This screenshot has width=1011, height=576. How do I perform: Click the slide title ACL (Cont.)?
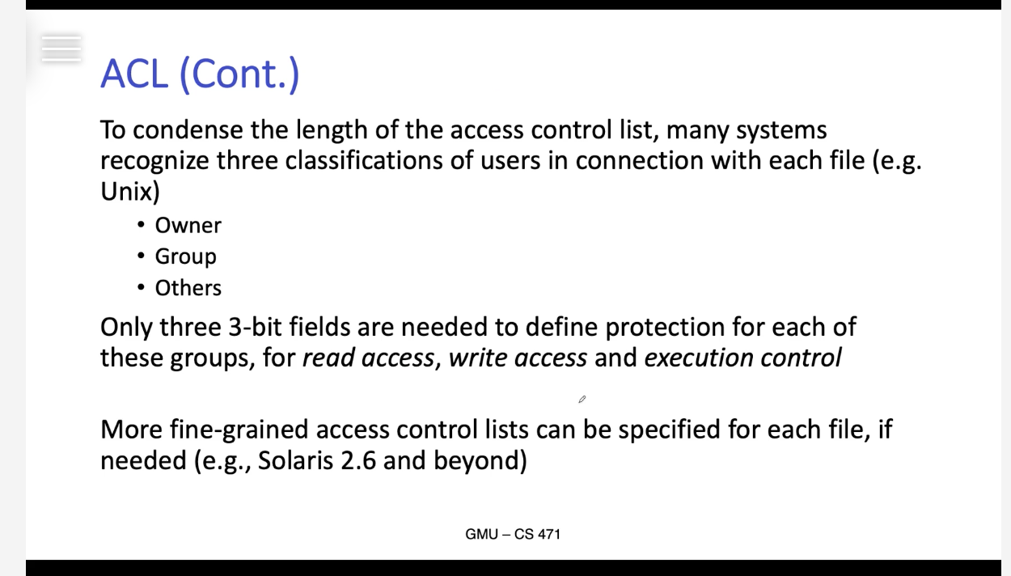200,74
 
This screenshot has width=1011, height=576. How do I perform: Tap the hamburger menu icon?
61,49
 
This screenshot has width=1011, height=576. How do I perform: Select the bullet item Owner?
188,225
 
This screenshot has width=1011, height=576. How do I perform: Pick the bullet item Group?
185,256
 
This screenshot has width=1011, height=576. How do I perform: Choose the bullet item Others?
188,287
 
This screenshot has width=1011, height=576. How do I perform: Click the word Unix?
128,192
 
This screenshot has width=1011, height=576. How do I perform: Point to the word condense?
188,130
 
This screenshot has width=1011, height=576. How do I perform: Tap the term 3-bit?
255,327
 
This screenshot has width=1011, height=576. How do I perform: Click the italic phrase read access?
368,358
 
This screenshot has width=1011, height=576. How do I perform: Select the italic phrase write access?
518,358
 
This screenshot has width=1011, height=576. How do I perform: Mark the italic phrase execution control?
743,358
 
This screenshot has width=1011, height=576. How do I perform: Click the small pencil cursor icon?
582,399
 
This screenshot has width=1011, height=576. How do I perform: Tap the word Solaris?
296,461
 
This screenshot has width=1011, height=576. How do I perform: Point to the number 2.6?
358,461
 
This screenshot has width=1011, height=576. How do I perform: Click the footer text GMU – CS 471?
513,535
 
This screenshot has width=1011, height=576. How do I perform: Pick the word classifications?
364,161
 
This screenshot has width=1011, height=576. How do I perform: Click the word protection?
665,328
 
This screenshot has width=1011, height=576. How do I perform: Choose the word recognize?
154,162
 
